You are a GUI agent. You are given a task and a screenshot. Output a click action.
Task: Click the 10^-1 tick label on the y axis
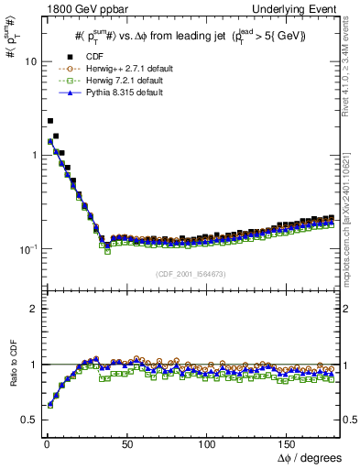[27, 248]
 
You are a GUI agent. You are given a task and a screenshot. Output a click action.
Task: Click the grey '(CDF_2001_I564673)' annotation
[192, 274]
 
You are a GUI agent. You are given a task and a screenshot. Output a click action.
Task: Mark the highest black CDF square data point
[50, 120]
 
